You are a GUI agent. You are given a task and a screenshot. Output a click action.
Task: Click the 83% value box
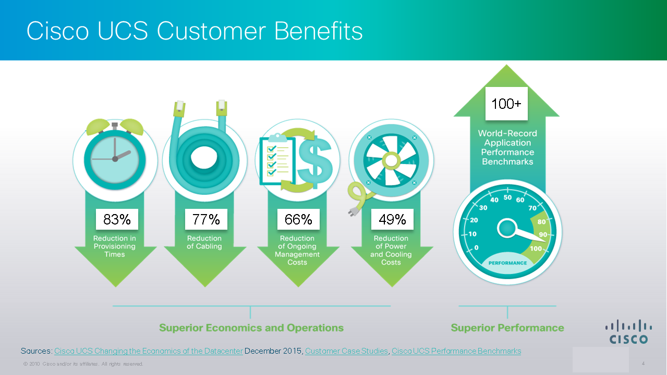point(117,219)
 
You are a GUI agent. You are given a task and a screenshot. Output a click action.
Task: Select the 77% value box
point(206,219)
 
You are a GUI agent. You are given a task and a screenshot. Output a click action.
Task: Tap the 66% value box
point(298,219)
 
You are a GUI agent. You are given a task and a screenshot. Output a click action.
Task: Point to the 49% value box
point(392,219)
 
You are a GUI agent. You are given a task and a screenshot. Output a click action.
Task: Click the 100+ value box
point(506,104)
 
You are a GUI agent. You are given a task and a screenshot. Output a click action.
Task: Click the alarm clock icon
point(115,155)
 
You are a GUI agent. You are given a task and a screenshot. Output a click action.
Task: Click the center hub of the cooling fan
point(391,161)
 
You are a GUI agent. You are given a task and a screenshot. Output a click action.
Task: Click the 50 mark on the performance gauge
point(508,197)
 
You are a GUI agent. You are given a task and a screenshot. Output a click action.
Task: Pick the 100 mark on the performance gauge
point(536,248)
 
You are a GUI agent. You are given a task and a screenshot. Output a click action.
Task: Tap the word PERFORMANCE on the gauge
point(508,263)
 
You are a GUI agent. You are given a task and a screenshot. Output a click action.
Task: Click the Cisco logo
point(628,332)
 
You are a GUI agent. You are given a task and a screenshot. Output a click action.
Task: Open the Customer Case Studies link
point(346,351)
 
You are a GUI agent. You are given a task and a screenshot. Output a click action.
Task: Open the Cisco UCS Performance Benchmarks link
point(456,351)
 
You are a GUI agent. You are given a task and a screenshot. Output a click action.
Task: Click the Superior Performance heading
point(507,328)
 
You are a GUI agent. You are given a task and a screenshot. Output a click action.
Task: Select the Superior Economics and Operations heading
point(251,328)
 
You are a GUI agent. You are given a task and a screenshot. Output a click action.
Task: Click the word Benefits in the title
point(318,31)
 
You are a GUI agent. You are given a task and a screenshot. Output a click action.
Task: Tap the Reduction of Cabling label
point(204,242)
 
